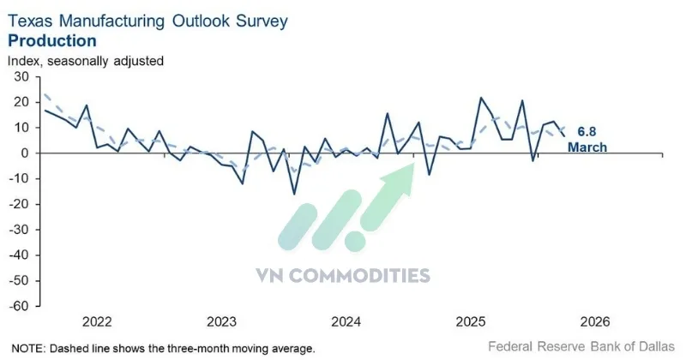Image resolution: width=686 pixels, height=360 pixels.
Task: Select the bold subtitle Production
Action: point(51,40)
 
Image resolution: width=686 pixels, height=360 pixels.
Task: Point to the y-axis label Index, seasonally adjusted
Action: point(85,61)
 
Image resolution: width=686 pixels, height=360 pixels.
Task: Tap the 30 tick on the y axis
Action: point(21,77)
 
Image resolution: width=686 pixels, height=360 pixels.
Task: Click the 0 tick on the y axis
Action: point(26,153)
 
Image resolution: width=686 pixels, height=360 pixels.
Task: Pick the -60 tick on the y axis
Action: point(20,306)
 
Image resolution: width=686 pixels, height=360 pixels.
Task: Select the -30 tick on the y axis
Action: point(20,230)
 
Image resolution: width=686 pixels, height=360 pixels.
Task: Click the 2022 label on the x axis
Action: point(97,322)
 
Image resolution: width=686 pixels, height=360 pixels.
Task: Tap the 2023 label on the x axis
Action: point(221,322)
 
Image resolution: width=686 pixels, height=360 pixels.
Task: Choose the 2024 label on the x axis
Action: point(346,322)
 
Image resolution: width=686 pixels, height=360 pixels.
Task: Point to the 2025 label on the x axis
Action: point(471,322)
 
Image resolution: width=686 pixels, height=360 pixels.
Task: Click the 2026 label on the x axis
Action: point(595,322)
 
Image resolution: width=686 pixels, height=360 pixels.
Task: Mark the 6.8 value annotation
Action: point(587,132)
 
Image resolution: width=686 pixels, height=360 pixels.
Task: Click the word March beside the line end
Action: point(587,147)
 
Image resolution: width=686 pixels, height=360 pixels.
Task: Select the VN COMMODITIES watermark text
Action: point(342,275)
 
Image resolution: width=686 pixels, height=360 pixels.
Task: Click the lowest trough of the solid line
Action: point(295,194)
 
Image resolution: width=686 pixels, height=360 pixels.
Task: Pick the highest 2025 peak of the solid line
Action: point(481,98)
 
